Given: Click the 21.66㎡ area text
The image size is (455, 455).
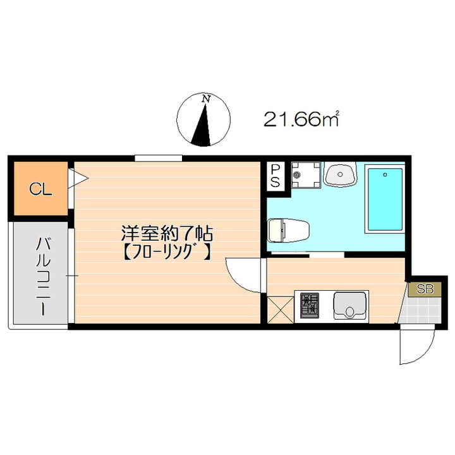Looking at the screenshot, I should (301, 119).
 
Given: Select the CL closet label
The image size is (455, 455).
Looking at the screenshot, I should (39, 188).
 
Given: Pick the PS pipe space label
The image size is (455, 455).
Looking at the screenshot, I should (276, 175).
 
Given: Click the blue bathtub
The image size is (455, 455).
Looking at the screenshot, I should (384, 199).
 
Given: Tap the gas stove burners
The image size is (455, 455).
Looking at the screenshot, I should (310, 306).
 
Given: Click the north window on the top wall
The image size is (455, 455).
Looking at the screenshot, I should (158, 157).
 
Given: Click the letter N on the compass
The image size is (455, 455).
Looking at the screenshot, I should (205, 99).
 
